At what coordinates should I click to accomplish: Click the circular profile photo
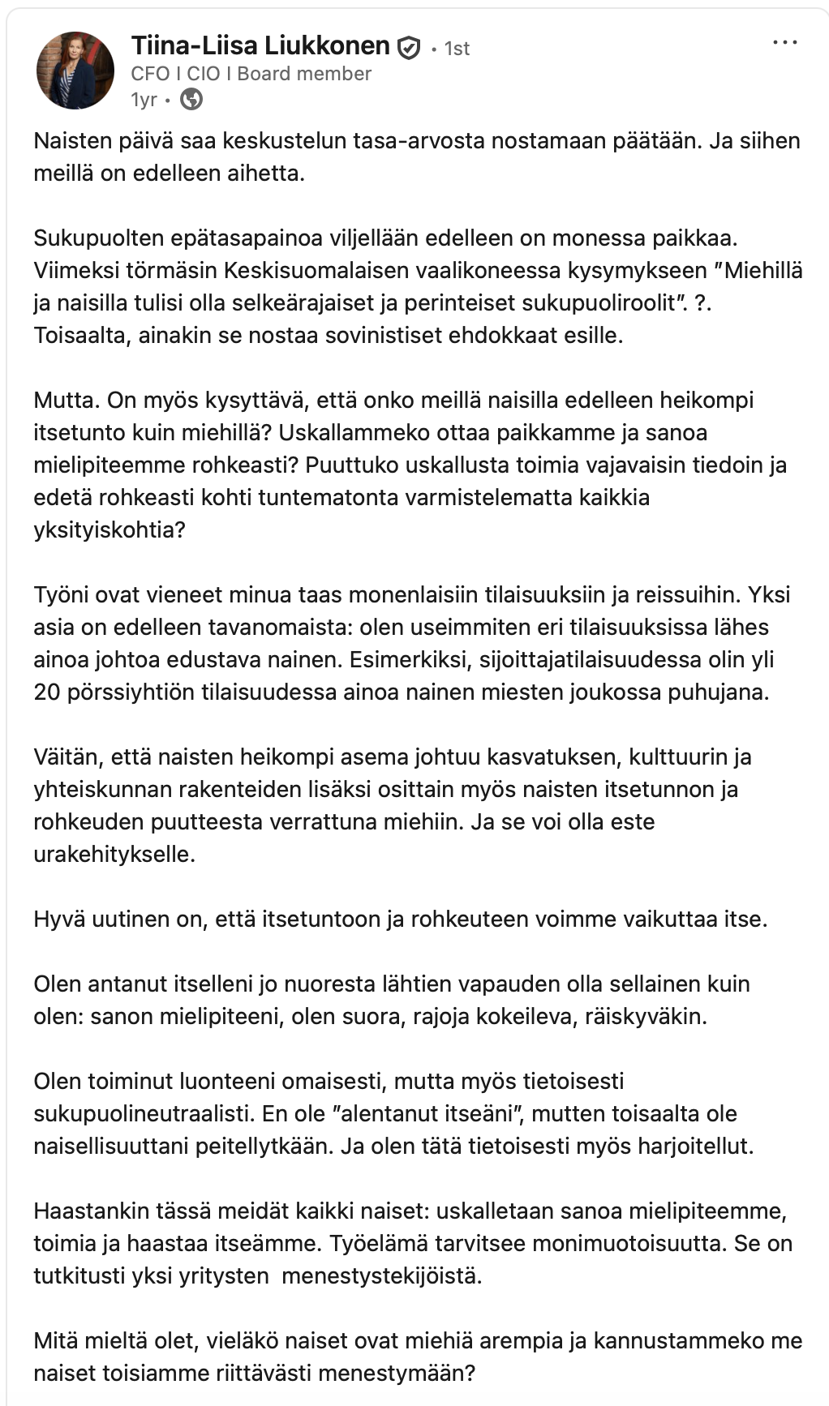tap(75, 71)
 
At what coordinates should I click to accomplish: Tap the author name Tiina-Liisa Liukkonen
tap(260, 46)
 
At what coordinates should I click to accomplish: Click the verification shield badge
tap(408, 49)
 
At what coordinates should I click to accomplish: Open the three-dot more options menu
tap(784, 43)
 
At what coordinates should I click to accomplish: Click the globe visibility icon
tap(191, 99)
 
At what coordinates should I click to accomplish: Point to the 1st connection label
tap(457, 49)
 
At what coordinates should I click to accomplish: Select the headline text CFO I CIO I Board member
tap(251, 74)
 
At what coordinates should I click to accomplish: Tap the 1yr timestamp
tap(144, 100)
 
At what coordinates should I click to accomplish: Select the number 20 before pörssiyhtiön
tap(47, 692)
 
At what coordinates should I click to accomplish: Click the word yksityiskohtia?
tap(110, 529)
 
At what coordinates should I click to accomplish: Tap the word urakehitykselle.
tap(114, 854)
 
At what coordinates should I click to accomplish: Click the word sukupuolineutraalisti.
tap(144, 1113)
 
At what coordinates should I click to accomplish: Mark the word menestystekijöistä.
tap(381, 1275)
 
